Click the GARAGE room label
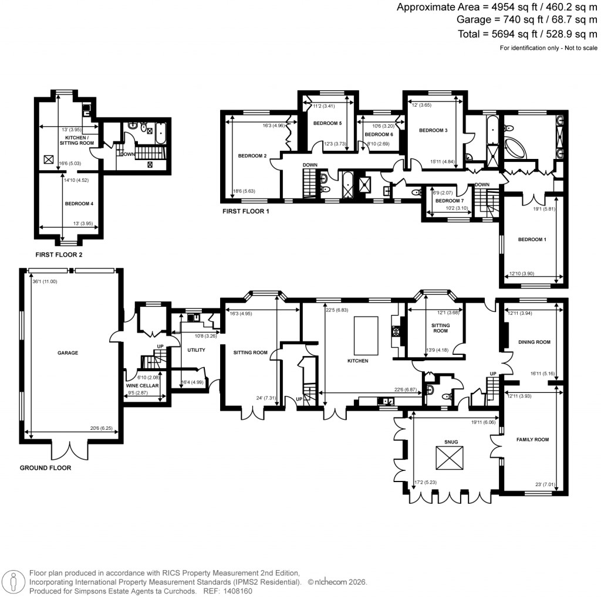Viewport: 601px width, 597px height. coord(67,353)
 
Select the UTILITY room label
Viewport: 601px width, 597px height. coord(196,350)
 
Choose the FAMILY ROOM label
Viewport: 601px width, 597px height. coord(532,439)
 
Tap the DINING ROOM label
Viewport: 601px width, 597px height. coord(534,342)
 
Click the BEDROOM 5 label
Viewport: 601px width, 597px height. coord(327,123)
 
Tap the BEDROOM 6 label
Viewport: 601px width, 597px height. coord(379,134)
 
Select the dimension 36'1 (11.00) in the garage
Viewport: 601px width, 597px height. coord(45,281)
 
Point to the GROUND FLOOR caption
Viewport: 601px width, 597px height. coord(45,468)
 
